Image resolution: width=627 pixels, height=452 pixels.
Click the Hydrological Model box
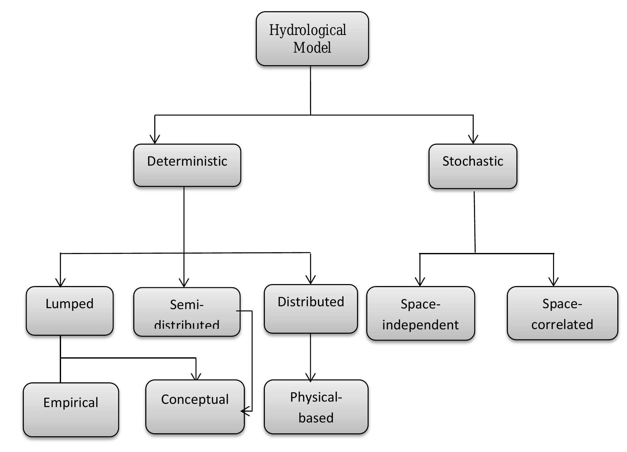pyautogui.click(x=312, y=39)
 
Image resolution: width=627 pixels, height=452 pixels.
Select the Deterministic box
pyautogui.click(x=187, y=165)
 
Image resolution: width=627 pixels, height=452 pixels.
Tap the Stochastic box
pyautogui.click(x=473, y=166)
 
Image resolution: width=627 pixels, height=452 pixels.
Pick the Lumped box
pyautogui.click(x=69, y=311)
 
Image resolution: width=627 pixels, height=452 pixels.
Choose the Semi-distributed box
pyautogui.click(x=187, y=312)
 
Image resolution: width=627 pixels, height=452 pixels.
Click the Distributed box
pyautogui.click(x=311, y=309)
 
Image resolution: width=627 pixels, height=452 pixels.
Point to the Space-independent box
pyautogui.click(x=420, y=313)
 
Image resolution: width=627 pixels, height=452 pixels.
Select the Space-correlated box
pyautogui.click(x=562, y=313)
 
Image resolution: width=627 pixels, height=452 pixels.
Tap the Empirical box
pyautogui.click(x=71, y=409)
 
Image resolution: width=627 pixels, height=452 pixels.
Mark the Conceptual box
pyautogui.click(x=195, y=407)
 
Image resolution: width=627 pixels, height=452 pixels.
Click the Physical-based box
pyautogui.click(x=316, y=407)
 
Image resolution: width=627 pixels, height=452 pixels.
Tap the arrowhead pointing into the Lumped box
pyautogui.click(x=60, y=282)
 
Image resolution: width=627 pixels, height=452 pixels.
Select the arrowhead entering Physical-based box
pyautogui.click(x=310, y=378)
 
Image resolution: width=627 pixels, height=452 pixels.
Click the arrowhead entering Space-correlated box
pyautogui.click(x=553, y=282)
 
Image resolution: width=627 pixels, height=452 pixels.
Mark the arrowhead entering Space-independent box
pyautogui.click(x=420, y=282)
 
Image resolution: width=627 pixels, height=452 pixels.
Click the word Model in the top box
pyautogui.click(x=312, y=48)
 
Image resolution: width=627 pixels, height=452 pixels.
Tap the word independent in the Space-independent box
pyautogui.click(x=420, y=325)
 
